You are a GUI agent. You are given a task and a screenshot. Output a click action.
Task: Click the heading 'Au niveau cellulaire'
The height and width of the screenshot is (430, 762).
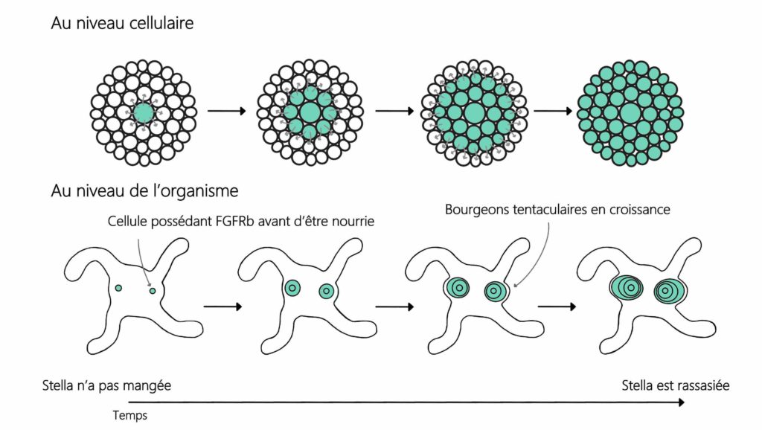point(122,23)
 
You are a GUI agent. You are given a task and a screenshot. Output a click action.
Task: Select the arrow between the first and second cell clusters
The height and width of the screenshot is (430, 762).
point(226,112)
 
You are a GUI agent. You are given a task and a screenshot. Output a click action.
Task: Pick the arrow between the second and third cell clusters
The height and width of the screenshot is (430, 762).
point(394,112)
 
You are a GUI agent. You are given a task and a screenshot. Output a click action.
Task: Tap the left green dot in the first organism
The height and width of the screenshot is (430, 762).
point(118,287)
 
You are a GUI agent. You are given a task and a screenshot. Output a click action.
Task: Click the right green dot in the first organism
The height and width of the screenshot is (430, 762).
point(153,291)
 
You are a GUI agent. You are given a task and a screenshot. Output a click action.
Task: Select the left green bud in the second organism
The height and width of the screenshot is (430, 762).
point(292,289)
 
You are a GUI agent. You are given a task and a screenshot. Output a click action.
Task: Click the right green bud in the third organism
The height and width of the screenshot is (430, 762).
point(495,291)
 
